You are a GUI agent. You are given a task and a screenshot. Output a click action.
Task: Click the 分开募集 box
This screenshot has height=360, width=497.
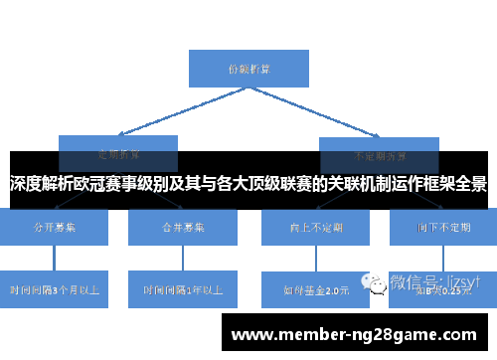pos(56,228)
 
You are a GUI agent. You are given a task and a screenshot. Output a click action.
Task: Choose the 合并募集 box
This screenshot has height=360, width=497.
pos(182,228)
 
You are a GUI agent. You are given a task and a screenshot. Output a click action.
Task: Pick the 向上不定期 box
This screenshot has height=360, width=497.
pos(315,228)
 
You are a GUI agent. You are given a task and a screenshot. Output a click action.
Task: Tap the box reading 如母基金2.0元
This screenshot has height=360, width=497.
pos(315,290)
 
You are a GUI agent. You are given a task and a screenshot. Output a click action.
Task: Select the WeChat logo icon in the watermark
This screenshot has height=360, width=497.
pos(379,283)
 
